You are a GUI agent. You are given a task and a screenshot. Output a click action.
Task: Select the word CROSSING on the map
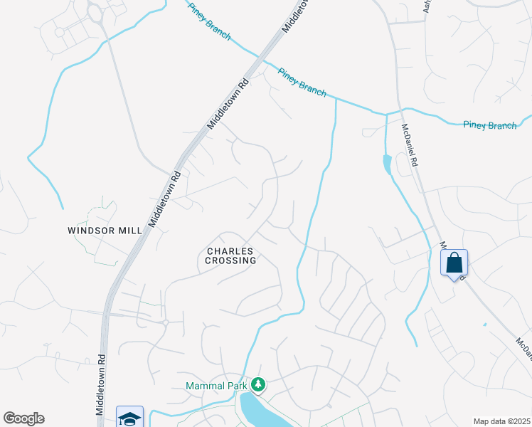[x=231, y=260]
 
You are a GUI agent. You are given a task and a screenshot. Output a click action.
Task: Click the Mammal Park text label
[x=215, y=386]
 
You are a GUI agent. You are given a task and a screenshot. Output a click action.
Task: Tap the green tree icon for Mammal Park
[x=257, y=385]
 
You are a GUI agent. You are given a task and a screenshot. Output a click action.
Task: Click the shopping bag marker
[x=454, y=264]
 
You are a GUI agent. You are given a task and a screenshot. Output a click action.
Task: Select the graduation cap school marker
[x=130, y=418]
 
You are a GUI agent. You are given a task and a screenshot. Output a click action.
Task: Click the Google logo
[x=23, y=418]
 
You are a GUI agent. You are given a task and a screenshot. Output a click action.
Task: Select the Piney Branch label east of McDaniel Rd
[x=489, y=125]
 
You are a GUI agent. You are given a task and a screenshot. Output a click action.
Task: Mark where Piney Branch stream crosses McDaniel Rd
[x=398, y=112]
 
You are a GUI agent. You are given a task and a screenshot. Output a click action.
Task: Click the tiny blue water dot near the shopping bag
[x=485, y=325]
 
